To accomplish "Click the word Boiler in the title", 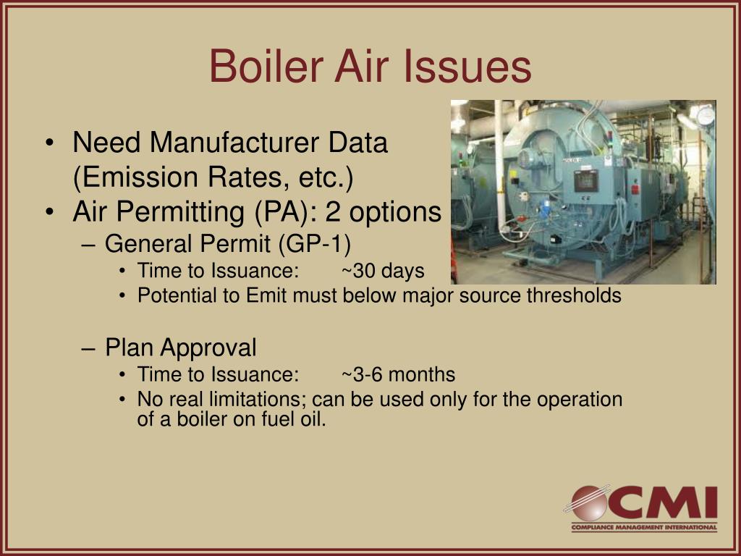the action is pos(266,66).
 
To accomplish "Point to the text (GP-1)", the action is pos(314,244).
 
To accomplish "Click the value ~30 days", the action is pos(383,271).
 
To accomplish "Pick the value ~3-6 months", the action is pos(399,374).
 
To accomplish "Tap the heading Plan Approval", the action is pos(180,347).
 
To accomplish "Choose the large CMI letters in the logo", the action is pos(662,502).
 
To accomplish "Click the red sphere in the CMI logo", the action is pos(588,503).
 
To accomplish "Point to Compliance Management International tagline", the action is pos(644,527).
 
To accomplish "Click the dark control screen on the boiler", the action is pos(586,180).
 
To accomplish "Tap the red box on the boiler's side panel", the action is pos(635,190).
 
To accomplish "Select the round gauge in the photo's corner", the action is pos(706,116).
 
